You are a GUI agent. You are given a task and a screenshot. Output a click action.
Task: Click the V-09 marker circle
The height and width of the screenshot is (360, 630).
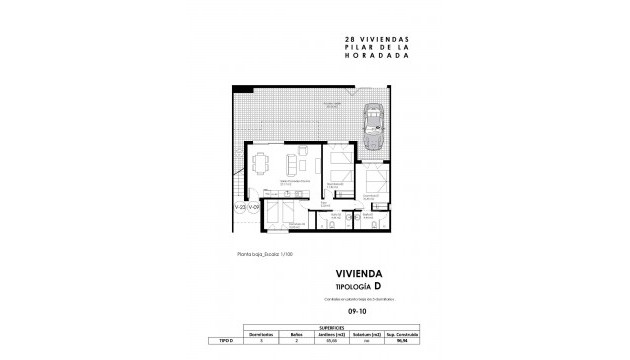coord(257,208)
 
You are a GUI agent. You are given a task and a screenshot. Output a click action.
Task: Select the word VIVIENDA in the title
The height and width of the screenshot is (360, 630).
coord(358,271)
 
